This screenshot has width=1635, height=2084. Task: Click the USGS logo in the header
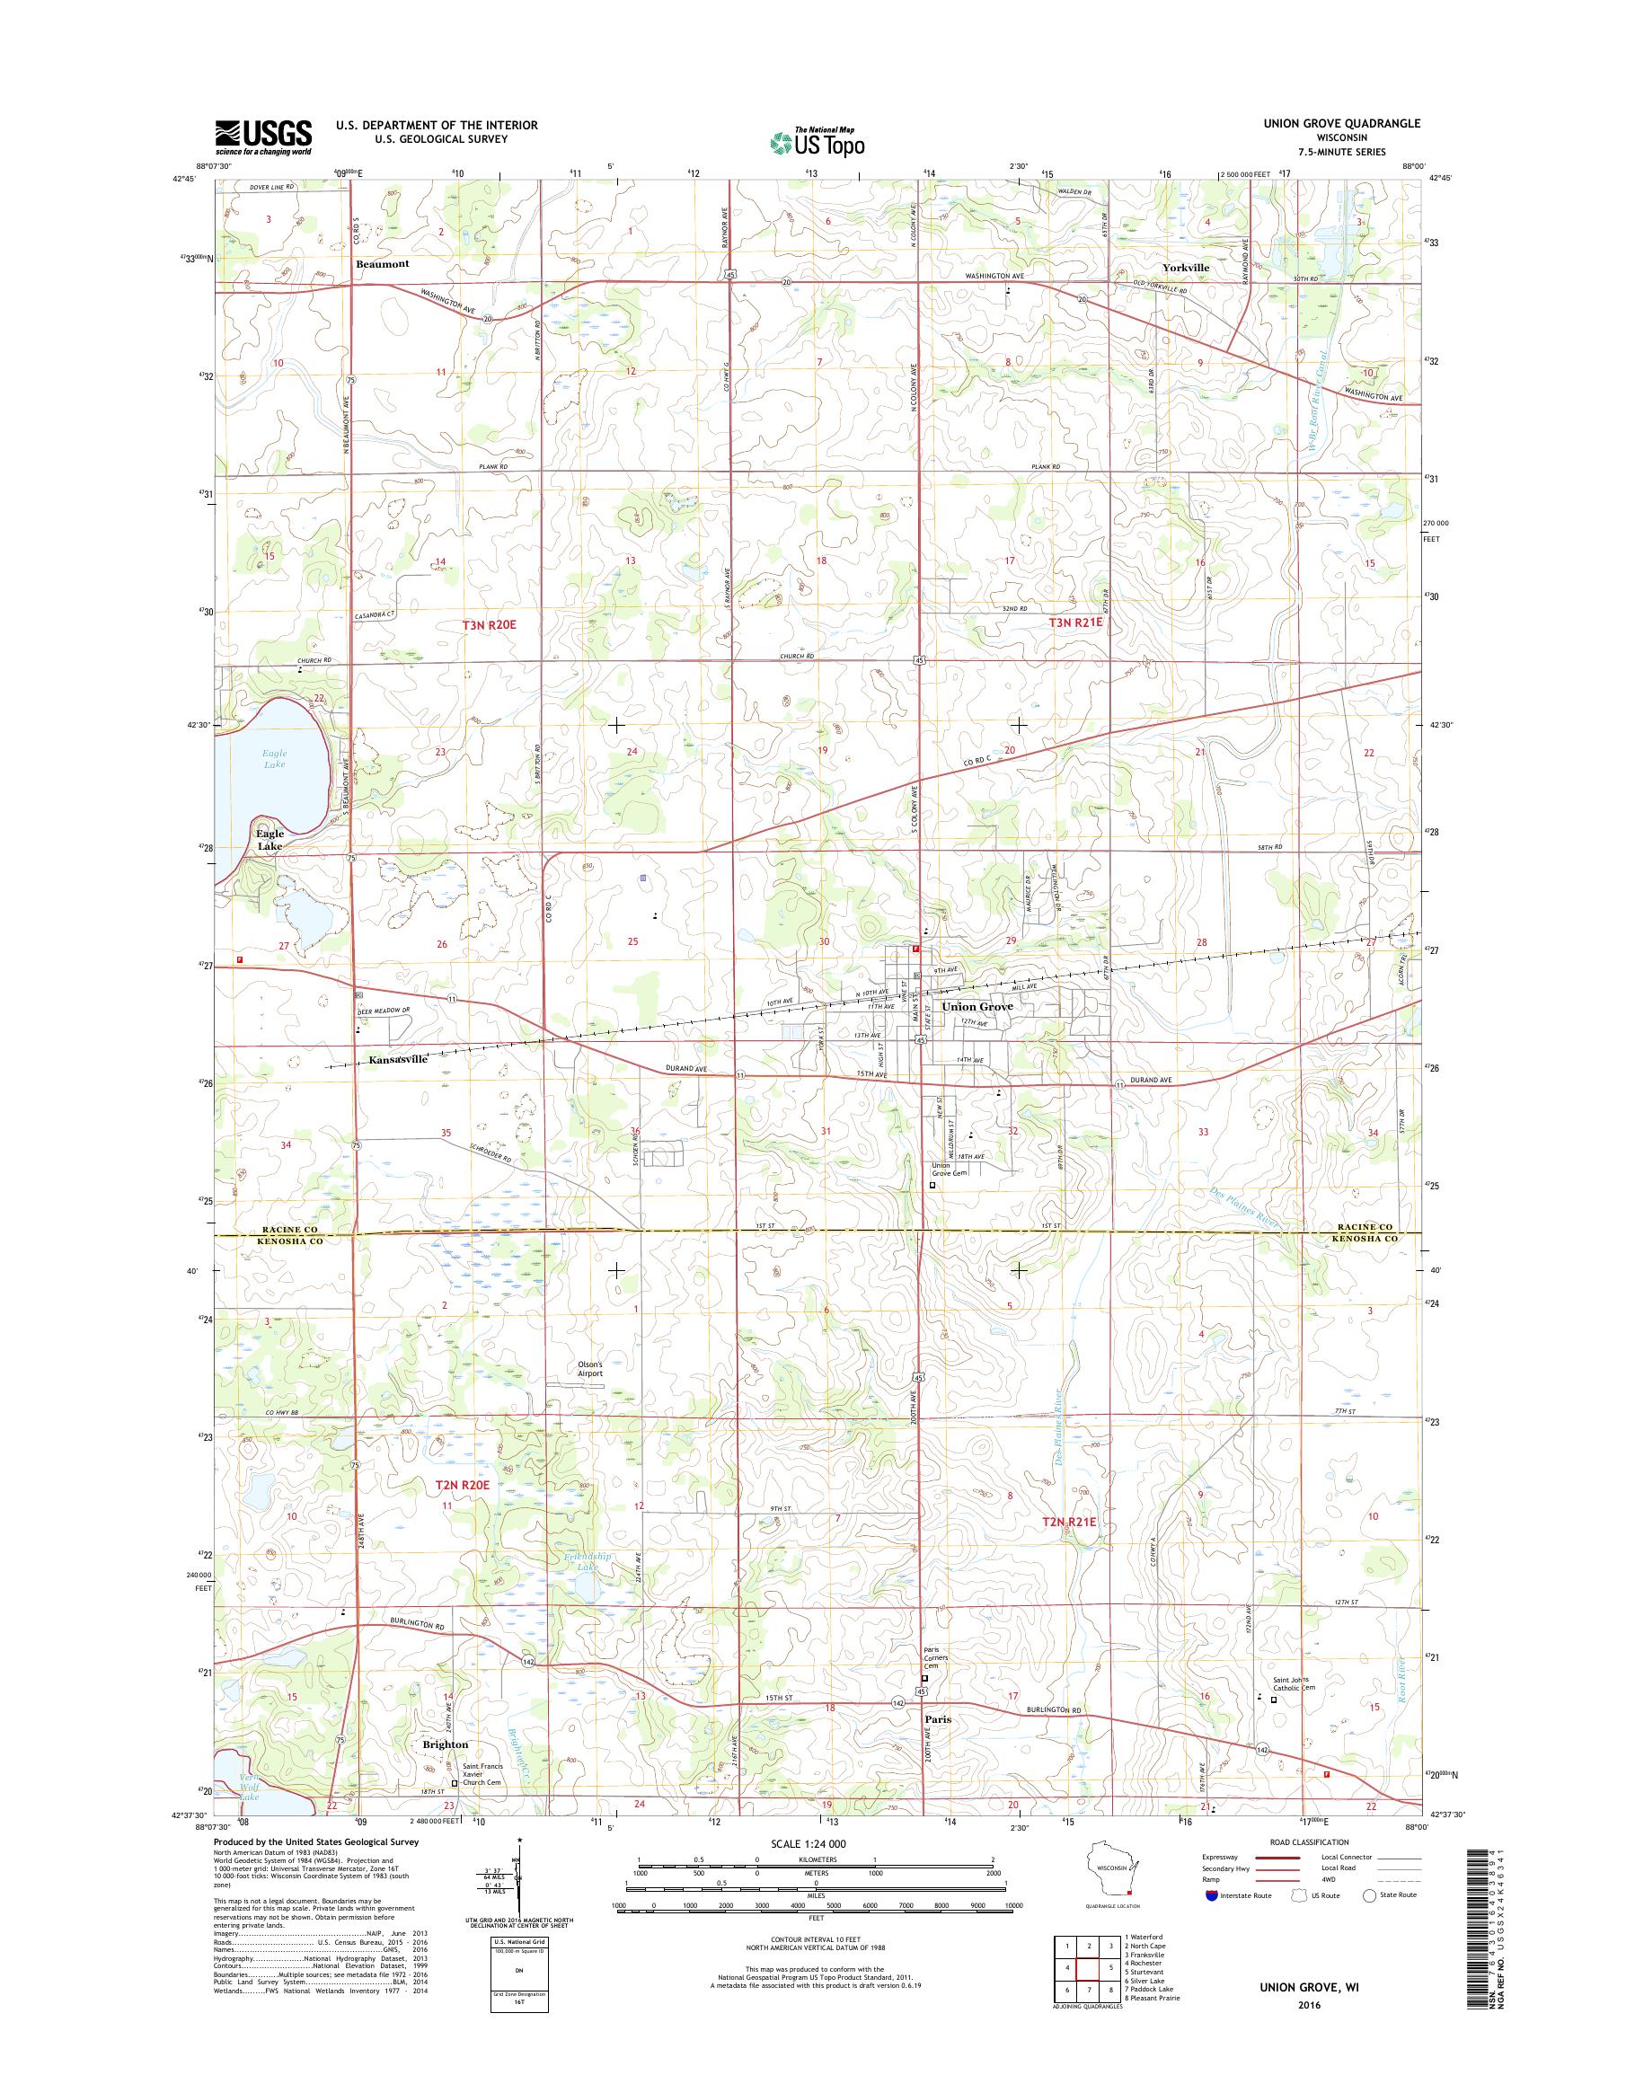[x=263, y=137]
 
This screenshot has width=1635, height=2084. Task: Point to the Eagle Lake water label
[x=274, y=759]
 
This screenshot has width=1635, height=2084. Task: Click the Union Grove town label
[x=977, y=1007]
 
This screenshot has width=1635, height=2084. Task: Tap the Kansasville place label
[x=397, y=1060]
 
